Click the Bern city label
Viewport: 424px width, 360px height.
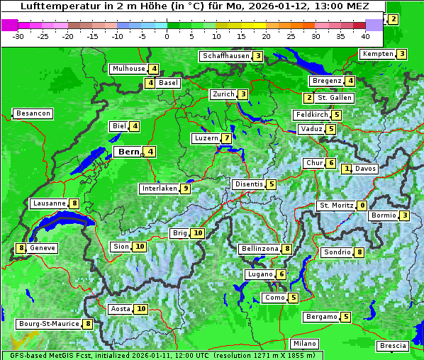pyautogui.click(x=129, y=152)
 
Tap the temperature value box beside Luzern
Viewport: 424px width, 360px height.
pyautogui.click(x=226, y=138)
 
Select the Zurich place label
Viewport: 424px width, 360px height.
pyautogui.click(x=223, y=94)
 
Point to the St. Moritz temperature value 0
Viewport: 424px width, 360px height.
pyautogui.click(x=362, y=206)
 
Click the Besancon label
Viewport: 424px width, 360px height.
pyautogui.click(x=33, y=113)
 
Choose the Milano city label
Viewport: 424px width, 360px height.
pyautogui.click(x=306, y=344)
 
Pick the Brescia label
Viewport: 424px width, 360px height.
pyautogui.click(x=393, y=346)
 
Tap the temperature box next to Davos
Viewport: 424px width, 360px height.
pyautogui.click(x=347, y=169)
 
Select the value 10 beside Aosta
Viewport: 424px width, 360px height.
pyautogui.click(x=142, y=309)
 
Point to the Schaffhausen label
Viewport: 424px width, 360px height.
pyautogui.click(x=225, y=56)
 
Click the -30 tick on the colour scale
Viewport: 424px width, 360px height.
pyautogui.click(x=18, y=36)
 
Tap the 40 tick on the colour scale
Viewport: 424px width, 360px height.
pyautogui.click(x=365, y=36)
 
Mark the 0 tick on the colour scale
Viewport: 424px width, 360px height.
pyautogui.click(x=167, y=36)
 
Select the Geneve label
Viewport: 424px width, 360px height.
pyautogui.click(x=43, y=248)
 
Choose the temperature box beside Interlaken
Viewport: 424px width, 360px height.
pyautogui.click(x=185, y=189)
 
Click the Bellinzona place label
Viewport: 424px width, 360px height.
pyautogui.click(x=260, y=249)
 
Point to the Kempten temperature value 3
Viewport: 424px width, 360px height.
pyautogui.click(x=402, y=54)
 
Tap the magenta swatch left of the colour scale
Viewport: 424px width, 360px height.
pyautogui.click(x=9, y=25)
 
